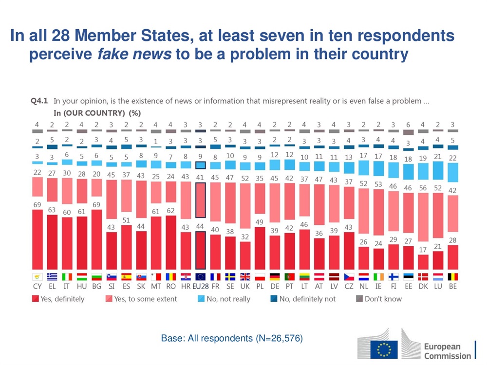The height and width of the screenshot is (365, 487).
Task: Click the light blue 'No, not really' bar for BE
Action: pyautogui.click(x=452, y=172)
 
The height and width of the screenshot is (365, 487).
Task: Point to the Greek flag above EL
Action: pyautogui.click(x=52, y=276)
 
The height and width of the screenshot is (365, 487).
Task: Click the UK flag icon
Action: pyautogui.click(x=245, y=276)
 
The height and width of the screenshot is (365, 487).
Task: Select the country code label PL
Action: pyautogui.click(x=260, y=287)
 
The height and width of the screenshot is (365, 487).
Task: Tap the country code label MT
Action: pyautogui.click(x=156, y=287)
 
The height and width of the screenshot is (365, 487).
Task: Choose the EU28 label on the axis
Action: pyautogui.click(x=200, y=287)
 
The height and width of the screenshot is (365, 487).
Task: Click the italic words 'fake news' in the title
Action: pyautogui.click(x=134, y=54)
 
